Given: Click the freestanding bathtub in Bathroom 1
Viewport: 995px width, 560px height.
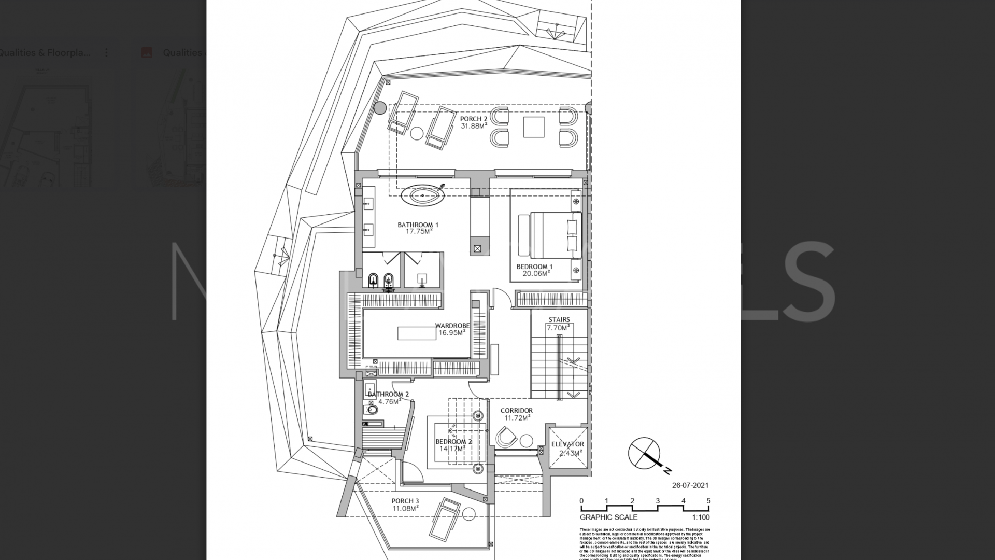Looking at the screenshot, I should coord(422,196).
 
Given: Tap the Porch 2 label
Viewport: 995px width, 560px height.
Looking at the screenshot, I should coord(473,119).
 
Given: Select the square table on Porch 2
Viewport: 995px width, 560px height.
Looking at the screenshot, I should coord(533,127).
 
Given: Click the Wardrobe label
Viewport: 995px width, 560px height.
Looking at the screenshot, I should coord(452,326).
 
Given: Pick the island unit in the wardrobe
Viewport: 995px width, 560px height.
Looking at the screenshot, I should coord(417,333).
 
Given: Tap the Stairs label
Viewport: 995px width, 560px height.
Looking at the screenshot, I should coord(559,320).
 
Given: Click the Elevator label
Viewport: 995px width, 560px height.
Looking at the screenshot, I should coord(567,444).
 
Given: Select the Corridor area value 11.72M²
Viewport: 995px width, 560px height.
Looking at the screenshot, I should coord(517,418).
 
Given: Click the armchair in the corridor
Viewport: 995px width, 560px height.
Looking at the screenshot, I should coord(506,437).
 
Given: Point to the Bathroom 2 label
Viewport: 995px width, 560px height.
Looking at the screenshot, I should coord(388,394).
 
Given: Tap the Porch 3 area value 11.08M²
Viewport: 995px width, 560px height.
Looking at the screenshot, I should coord(405,509).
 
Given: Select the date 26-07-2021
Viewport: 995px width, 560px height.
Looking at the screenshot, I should coord(690,486).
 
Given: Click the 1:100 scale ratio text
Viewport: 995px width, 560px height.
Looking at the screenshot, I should coord(701,517).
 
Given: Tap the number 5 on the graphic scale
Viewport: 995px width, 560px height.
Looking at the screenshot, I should coord(708,501).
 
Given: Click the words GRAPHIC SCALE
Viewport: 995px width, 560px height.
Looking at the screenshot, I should coord(608,517).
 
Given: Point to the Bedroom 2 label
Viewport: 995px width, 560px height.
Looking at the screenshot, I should coord(453,442).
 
